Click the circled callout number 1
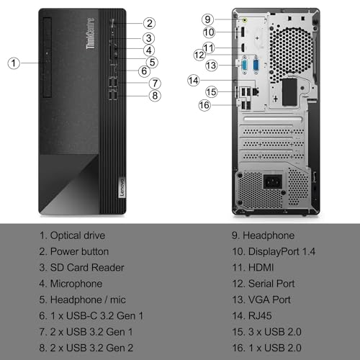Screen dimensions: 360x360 [x=14, y=63]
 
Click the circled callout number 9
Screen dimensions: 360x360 [x=207, y=19]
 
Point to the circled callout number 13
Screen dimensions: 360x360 [x=212, y=66]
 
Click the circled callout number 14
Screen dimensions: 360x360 [x=194, y=80]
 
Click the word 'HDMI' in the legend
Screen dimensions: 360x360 [x=260, y=268]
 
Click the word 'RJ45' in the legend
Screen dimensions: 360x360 [x=259, y=316]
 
